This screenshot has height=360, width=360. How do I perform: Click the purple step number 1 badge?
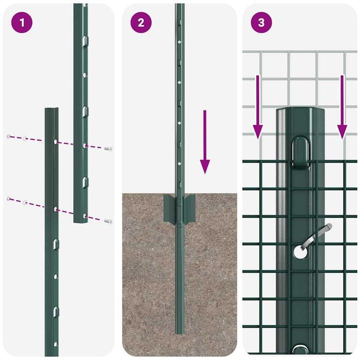(22, 23)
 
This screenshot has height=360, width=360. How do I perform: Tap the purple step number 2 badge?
(141, 23)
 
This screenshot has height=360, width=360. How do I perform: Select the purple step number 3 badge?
(260, 23)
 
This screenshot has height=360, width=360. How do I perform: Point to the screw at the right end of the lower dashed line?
(108, 220)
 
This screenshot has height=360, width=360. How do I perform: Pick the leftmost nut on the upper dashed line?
(8, 136)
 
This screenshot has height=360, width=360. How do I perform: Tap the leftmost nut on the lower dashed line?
(8, 199)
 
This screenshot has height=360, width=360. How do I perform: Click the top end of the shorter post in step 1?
(52, 109)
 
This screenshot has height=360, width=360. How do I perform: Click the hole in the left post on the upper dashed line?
(55, 141)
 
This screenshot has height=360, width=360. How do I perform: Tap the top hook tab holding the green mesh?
(301, 150)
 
